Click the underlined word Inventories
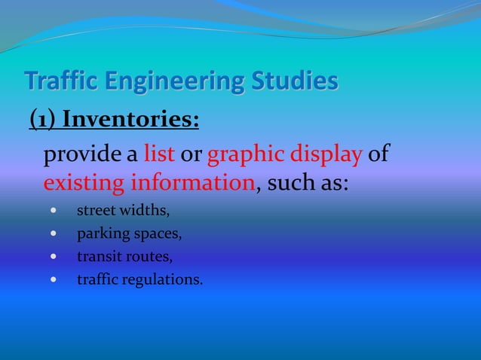(130, 120)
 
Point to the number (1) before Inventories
(42, 120)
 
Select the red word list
(159, 156)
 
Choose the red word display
(331, 157)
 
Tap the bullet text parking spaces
(129, 233)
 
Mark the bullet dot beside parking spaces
(52, 233)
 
